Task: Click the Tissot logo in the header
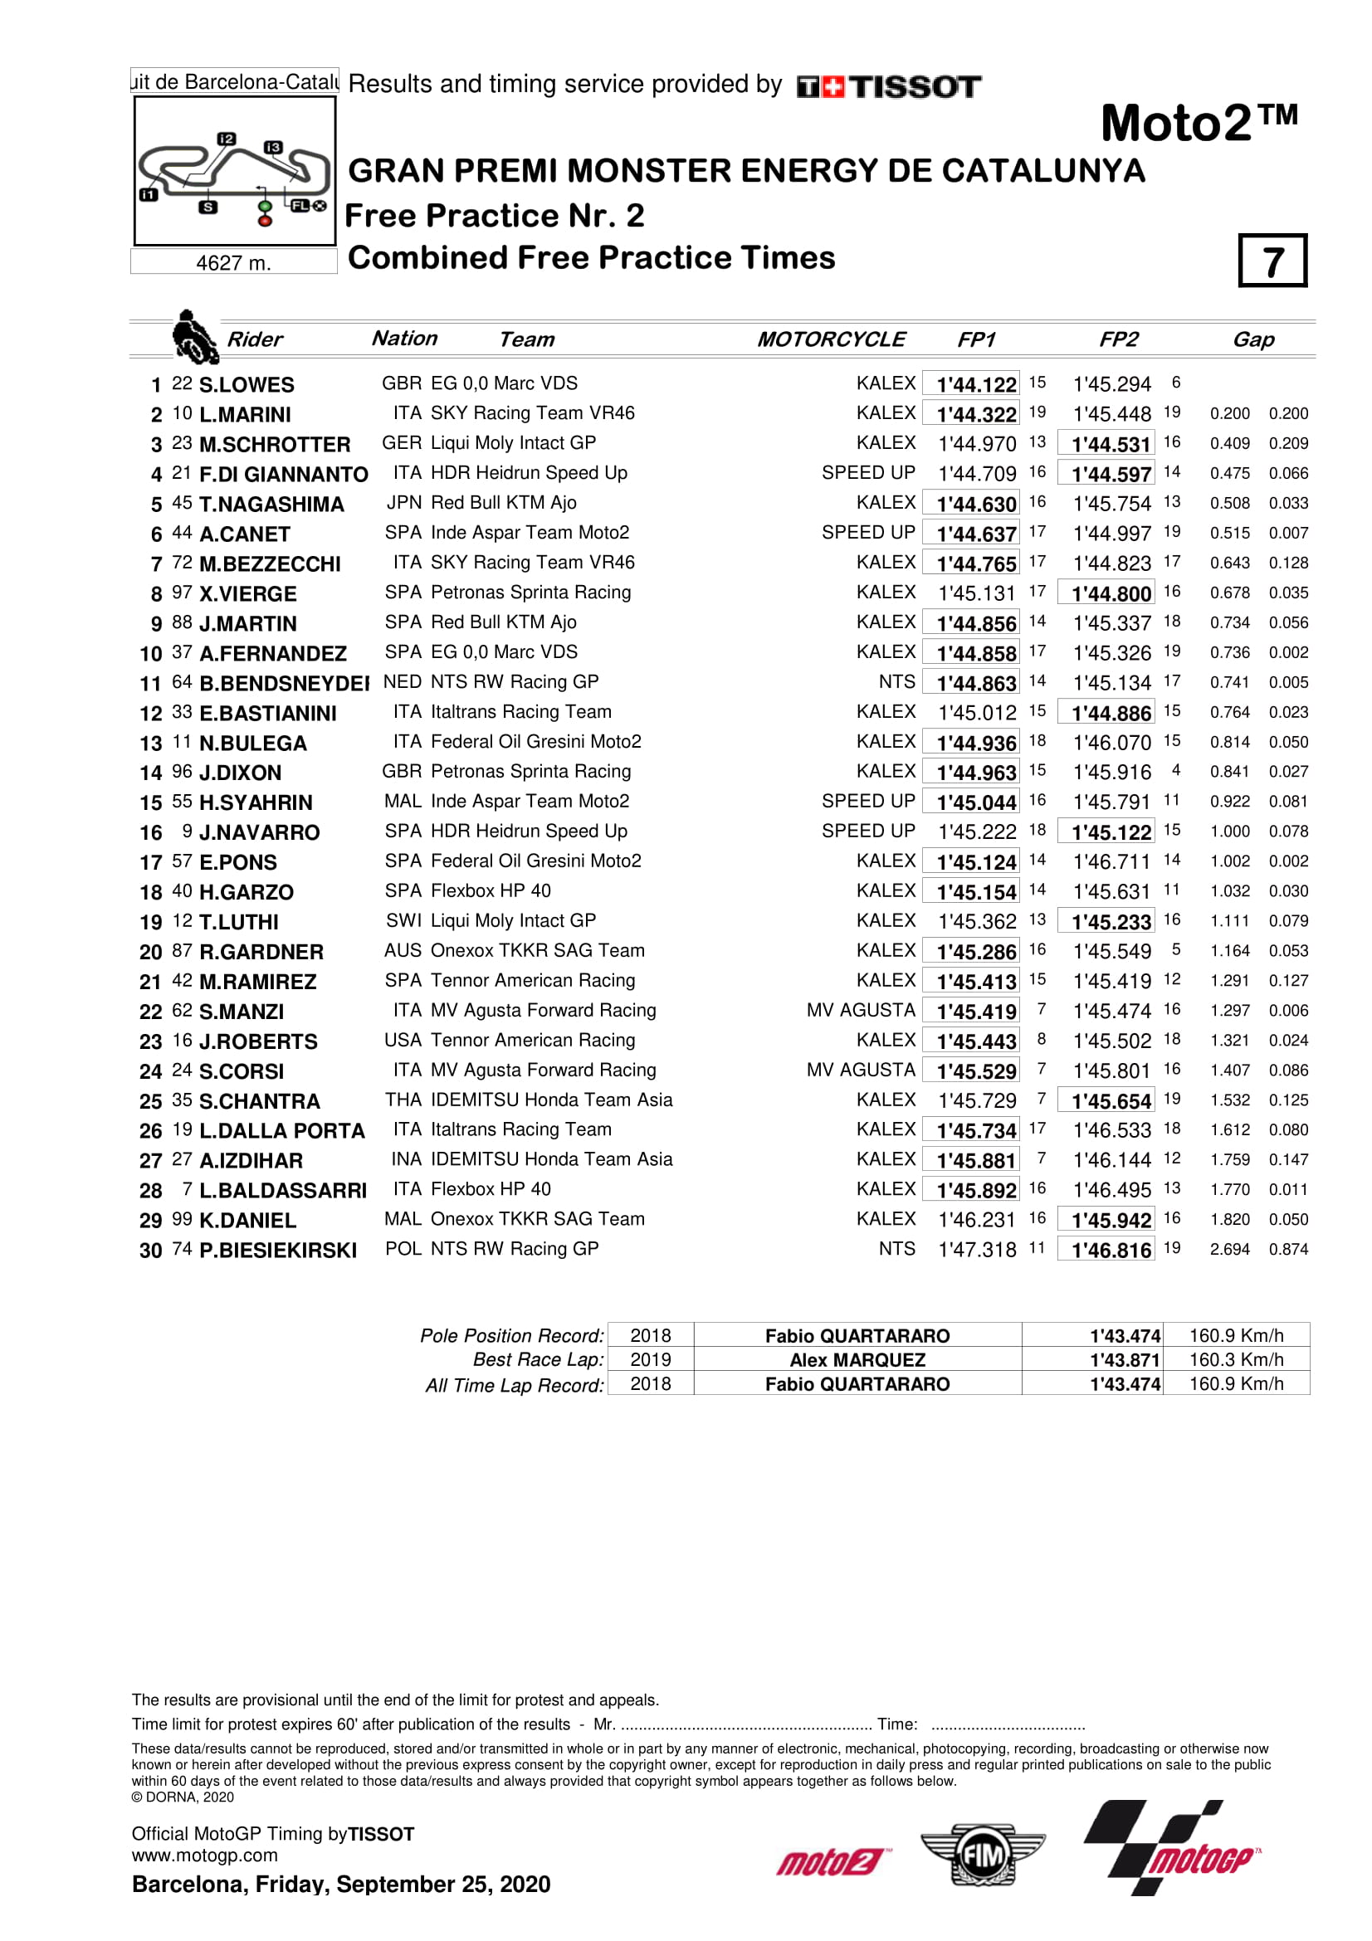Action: (887, 86)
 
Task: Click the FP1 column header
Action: (975, 340)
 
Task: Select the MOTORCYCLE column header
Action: (830, 340)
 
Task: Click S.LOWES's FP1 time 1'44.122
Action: (975, 385)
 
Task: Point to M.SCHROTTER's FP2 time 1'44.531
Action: (1111, 445)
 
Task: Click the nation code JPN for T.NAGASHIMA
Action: (403, 503)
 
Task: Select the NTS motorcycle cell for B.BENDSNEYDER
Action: (896, 682)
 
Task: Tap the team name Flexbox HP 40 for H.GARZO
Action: (491, 891)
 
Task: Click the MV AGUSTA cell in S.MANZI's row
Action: (860, 1010)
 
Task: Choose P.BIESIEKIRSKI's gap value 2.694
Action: (1229, 1250)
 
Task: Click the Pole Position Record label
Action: (512, 1336)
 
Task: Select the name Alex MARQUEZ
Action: (857, 1360)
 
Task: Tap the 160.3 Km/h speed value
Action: (1236, 1360)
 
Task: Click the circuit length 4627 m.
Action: (233, 264)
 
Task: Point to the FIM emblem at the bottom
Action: (982, 1856)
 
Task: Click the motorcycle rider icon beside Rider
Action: (194, 336)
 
